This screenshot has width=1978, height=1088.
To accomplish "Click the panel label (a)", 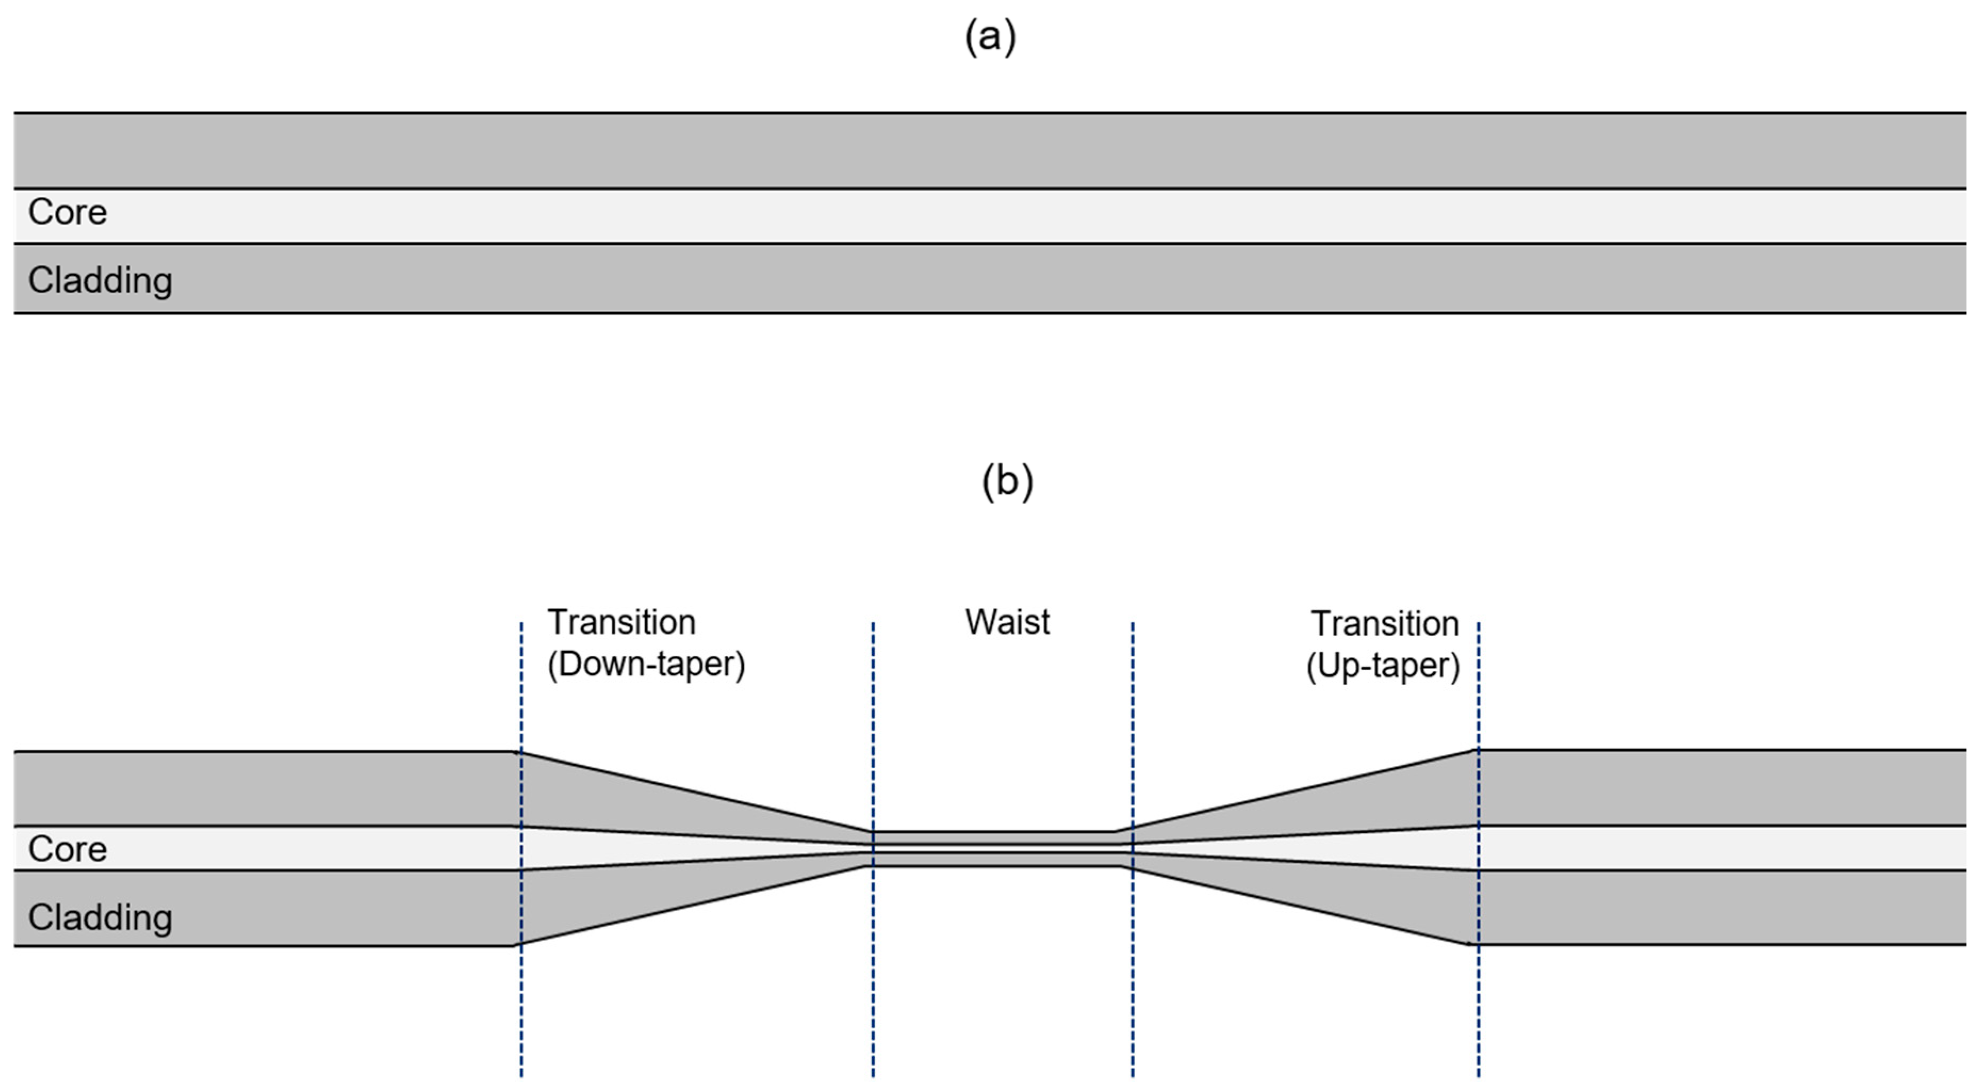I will [990, 37].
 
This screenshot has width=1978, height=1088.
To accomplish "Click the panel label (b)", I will [1007, 481].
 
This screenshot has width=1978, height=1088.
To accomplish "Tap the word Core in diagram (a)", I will [68, 212].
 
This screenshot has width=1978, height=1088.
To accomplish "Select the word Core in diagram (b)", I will [68, 849].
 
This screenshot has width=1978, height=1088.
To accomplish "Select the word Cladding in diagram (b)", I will [100, 918].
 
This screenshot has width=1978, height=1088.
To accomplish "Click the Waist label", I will [1007, 622].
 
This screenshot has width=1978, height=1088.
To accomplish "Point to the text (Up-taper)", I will [1382, 666].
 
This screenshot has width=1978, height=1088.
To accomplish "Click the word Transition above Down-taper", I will [621, 622].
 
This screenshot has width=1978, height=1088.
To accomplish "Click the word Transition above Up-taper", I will [1384, 624].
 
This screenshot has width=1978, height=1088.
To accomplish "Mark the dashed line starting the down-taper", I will [521, 1013].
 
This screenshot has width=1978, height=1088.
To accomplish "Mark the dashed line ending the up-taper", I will [1478, 1013].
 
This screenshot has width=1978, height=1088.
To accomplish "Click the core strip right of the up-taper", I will [1720, 848].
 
